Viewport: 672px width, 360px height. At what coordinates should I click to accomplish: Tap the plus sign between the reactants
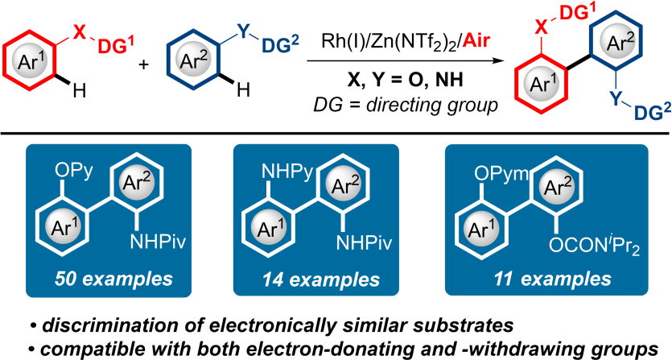coord(145,64)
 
